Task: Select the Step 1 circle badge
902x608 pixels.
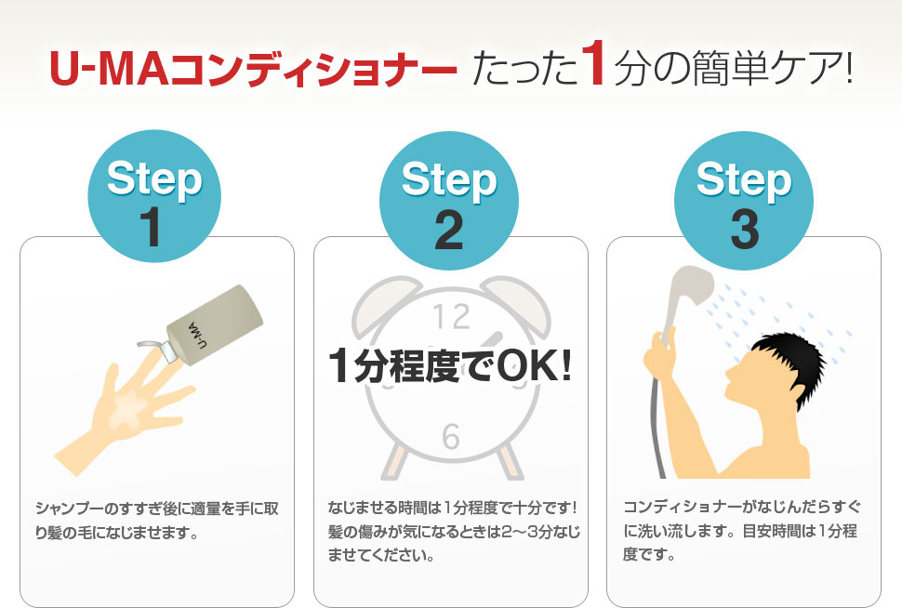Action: click(x=154, y=195)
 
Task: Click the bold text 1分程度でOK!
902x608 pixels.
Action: click(x=450, y=366)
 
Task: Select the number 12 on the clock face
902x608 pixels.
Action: click(x=452, y=316)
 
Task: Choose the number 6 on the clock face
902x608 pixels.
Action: click(x=451, y=436)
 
